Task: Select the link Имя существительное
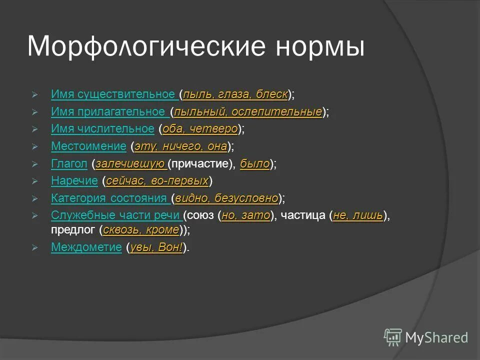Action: click(113, 94)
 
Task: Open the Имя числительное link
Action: click(102, 129)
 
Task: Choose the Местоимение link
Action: click(88, 146)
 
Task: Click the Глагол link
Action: click(69, 163)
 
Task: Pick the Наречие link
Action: click(74, 181)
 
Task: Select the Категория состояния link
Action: click(109, 198)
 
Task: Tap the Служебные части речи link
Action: click(116, 215)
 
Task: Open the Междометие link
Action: click(86, 247)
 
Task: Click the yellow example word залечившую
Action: click(131, 163)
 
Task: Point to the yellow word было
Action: click(255, 163)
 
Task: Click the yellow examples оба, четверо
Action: click(200, 129)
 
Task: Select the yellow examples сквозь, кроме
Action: click(141, 230)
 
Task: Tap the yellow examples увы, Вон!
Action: click(156, 247)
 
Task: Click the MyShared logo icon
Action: click(392, 336)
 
